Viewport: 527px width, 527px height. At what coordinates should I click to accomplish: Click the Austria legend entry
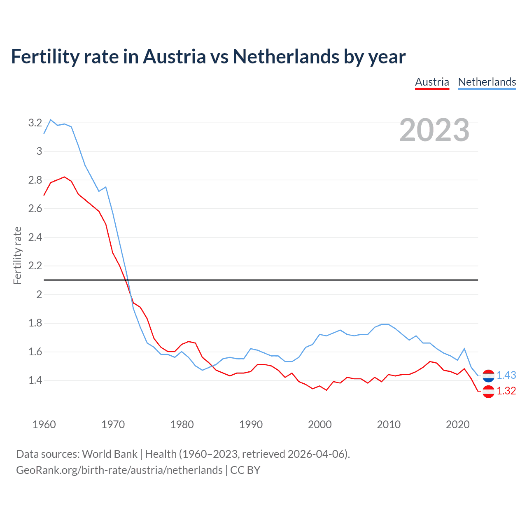432,82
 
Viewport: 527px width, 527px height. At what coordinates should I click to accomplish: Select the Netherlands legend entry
487,82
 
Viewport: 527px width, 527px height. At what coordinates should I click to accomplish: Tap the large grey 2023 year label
434,130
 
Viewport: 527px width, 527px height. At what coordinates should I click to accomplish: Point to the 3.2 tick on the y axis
35,123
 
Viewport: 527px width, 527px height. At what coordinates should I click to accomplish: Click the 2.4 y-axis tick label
35,237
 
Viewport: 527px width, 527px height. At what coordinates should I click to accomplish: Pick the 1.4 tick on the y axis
35,380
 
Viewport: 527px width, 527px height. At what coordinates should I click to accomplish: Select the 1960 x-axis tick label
44,424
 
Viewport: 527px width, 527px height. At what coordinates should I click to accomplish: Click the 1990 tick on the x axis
251,424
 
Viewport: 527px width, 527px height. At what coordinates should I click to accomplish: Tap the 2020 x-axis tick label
457,424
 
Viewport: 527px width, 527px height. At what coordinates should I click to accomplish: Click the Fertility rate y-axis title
17,255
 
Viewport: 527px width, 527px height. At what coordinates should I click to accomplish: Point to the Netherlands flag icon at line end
488,375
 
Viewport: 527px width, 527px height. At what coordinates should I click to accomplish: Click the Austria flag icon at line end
488,391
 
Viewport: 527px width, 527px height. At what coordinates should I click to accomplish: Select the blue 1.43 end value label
506,375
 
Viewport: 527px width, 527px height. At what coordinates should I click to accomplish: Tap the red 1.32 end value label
506,391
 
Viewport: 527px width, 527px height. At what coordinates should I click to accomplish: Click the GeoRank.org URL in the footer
119,470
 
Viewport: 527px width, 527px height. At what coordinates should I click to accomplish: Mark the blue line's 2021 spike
464,349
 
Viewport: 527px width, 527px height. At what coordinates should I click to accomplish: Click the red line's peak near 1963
64,177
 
